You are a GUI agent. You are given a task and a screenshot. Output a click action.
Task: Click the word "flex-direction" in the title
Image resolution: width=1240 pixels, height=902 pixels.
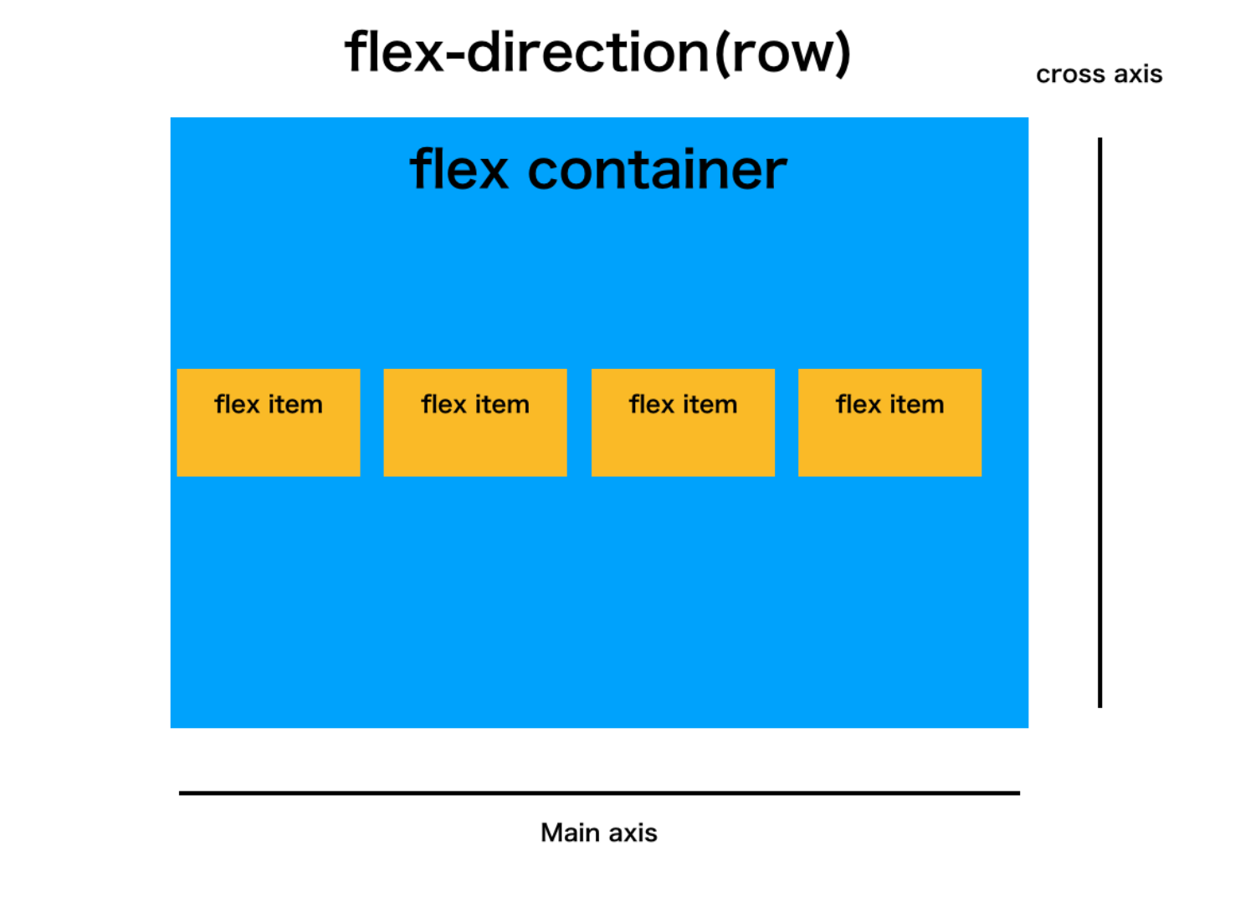pos(527,53)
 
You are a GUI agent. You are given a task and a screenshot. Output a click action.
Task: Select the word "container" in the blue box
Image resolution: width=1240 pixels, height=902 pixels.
pos(657,170)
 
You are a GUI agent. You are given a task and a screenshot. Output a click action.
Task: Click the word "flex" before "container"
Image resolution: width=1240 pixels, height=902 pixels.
pos(459,170)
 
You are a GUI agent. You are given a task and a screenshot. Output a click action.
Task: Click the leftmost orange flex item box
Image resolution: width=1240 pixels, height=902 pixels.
pos(269,443)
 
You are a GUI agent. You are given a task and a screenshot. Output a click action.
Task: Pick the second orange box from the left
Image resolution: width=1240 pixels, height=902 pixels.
pos(475,443)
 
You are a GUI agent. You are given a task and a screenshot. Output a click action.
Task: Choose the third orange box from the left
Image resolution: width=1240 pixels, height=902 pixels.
pos(683,443)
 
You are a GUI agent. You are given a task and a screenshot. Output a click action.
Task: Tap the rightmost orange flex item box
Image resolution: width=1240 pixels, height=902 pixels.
pos(889,443)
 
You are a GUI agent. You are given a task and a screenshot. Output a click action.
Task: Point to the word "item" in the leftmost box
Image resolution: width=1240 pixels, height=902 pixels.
pos(295,405)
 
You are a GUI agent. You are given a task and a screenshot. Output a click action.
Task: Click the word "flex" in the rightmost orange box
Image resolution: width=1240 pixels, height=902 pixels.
pos(858,405)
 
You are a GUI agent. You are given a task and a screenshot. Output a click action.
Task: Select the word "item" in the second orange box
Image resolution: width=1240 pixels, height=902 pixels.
pos(501,405)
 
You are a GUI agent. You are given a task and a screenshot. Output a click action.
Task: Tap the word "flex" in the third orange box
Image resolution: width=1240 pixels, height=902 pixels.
pos(652,405)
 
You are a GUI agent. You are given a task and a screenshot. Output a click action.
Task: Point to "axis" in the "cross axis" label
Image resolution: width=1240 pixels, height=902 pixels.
pos(1138,74)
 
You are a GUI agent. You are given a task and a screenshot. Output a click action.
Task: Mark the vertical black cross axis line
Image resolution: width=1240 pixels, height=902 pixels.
pos(1099,423)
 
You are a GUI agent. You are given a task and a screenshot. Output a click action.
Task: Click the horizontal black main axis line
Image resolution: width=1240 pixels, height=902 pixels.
pos(599,792)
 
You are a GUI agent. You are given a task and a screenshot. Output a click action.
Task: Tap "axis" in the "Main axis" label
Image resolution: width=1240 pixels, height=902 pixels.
pos(633,833)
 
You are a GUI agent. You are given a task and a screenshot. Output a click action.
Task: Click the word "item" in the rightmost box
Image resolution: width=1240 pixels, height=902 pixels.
pos(916,405)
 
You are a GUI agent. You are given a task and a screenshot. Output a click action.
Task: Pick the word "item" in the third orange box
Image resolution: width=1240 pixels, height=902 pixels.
pos(710,405)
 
